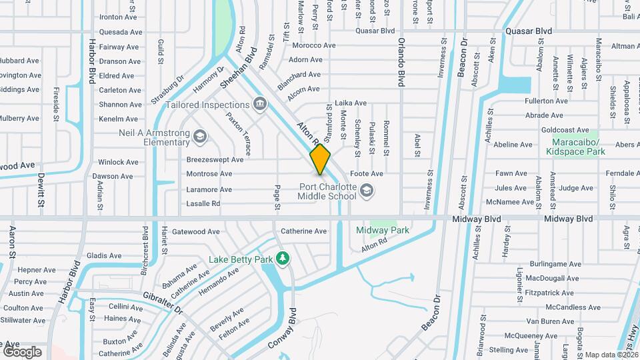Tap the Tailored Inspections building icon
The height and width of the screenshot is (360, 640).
point(260,105)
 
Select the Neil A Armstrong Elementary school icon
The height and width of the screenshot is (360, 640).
point(199,137)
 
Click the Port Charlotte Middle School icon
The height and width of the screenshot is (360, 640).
point(365,192)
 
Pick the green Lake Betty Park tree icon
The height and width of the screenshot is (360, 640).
point(283,258)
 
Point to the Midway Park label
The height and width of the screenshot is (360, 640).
point(382,230)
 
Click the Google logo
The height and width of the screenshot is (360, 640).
point(22,351)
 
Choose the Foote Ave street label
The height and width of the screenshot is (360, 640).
point(367,173)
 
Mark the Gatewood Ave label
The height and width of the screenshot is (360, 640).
point(195,232)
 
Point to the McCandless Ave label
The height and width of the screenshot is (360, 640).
point(569,307)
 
